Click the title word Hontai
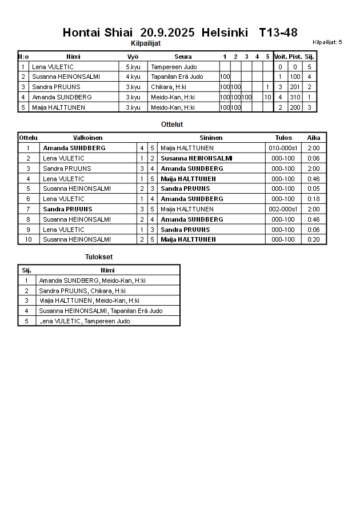(x=82, y=32)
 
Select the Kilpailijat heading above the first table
(x=146, y=43)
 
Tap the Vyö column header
(x=133, y=57)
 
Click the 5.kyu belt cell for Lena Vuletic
(x=133, y=67)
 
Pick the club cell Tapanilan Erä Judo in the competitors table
(x=177, y=77)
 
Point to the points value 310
(x=295, y=97)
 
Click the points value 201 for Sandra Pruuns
(x=295, y=87)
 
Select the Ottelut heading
(x=172, y=124)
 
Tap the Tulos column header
(x=283, y=138)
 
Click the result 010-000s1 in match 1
(x=283, y=148)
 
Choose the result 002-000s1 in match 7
(x=283, y=209)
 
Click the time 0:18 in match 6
(x=314, y=199)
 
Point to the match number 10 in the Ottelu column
(x=28, y=239)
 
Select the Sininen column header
(x=211, y=138)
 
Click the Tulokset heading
(x=99, y=257)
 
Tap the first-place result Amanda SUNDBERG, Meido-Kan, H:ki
(x=92, y=280)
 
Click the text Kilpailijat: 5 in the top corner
(x=327, y=42)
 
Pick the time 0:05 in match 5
(x=314, y=189)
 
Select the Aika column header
(x=314, y=138)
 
